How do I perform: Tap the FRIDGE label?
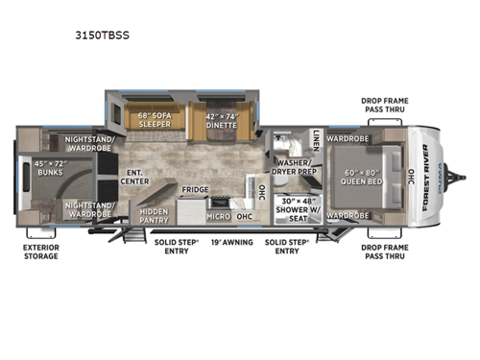(x=196, y=190)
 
